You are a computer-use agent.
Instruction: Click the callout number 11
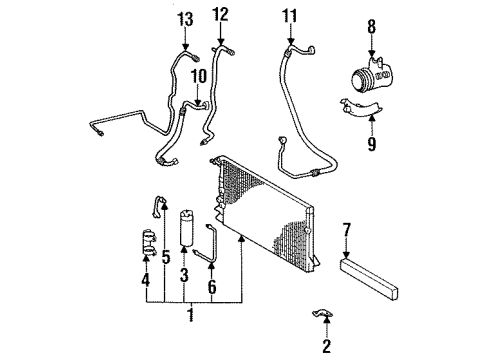pyautogui.click(x=290, y=17)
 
